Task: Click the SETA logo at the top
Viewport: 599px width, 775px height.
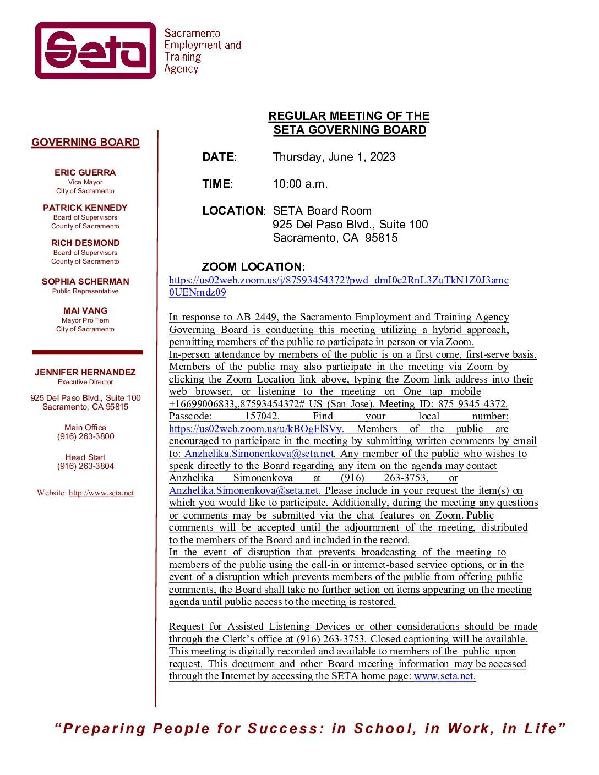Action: point(96,51)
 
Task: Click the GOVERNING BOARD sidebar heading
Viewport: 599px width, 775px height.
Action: point(85,143)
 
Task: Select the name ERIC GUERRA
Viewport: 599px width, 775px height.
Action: point(85,173)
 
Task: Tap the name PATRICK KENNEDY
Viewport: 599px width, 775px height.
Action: point(85,208)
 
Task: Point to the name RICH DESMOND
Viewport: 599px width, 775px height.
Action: point(85,243)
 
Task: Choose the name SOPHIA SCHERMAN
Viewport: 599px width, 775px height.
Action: point(85,282)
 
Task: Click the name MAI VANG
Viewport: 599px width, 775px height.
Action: point(85,311)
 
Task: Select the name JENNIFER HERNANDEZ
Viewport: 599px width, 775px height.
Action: point(85,373)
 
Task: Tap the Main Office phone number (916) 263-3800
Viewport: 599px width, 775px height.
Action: point(85,436)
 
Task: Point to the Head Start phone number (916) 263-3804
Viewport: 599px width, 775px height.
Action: point(85,466)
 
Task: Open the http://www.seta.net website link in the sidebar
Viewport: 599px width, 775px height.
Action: point(101,493)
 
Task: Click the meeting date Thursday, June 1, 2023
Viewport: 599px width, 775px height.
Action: point(334,157)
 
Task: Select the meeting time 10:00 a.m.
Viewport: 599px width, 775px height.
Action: point(300,184)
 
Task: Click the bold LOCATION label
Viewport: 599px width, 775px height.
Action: point(233,211)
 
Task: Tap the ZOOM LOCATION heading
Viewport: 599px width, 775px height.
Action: point(253,268)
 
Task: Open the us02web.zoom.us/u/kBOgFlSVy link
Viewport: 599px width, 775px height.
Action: point(256,429)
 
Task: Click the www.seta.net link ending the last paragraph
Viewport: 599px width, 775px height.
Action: point(444,676)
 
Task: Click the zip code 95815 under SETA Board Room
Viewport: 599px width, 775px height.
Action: point(381,238)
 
